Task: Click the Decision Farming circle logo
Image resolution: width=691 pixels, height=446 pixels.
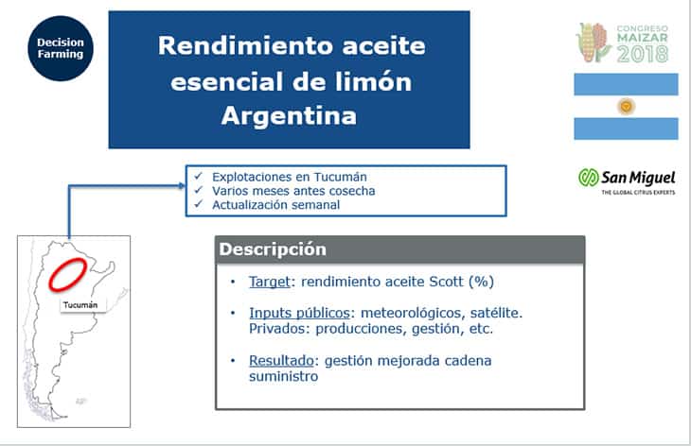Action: [x=61, y=48]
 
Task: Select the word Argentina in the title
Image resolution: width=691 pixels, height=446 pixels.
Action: [x=289, y=116]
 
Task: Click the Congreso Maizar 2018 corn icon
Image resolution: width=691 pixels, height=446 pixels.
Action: [x=594, y=43]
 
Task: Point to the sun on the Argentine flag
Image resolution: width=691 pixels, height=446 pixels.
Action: [x=626, y=107]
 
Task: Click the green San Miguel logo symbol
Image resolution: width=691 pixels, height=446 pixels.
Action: [x=589, y=178]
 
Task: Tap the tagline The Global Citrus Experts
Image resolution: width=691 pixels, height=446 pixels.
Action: [x=638, y=192]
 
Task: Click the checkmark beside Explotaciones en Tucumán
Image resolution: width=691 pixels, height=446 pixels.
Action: [x=199, y=176]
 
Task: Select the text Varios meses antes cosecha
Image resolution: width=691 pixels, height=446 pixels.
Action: [x=293, y=191]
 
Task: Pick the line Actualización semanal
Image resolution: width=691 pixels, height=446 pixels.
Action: [x=275, y=205]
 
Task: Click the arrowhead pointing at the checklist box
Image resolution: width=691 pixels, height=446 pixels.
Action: [x=182, y=185]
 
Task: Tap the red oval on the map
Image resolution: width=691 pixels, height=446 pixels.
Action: [x=68, y=274]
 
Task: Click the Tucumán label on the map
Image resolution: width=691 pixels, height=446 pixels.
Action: [x=80, y=305]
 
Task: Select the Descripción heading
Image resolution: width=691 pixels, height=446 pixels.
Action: [x=273, y=249]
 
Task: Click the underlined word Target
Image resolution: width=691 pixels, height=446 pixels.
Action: [x=269, y=282]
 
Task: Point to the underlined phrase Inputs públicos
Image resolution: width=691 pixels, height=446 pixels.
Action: [x=299, y=313]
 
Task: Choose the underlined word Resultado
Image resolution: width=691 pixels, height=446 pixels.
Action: [x=281, y=361]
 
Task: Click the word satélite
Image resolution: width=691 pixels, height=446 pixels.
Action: [x=496, y=313]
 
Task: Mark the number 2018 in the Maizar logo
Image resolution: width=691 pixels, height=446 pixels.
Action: [x=643, y=54]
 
